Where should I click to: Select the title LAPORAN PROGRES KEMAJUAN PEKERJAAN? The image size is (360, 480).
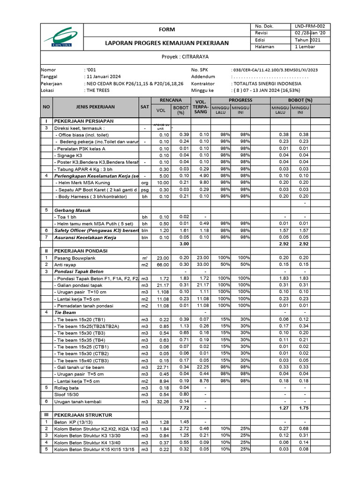166,43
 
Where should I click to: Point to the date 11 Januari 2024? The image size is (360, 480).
103,76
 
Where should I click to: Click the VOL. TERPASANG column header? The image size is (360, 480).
200,107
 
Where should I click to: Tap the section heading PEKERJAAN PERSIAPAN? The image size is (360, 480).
83,121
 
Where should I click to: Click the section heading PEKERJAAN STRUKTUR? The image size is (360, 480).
82,415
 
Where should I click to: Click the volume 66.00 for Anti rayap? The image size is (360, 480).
163,265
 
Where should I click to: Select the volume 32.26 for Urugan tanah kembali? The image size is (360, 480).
162,402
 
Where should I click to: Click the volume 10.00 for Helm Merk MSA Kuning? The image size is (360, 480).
163,182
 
